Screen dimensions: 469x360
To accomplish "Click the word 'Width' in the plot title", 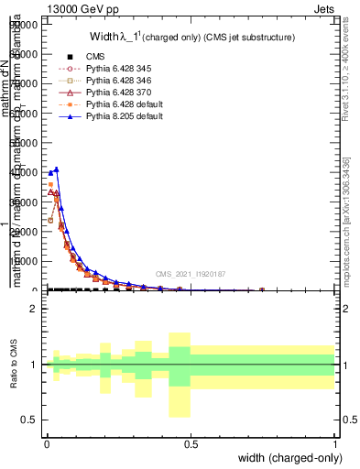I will pyautogui.click(x=104, y=37).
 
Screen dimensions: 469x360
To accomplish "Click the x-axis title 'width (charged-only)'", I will pyautogui.click(x=289, y=459).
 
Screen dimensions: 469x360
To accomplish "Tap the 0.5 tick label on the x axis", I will pyautogui.click(x=191, y=444).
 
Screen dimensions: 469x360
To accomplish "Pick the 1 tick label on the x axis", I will pyautogui.click(x=335, y=444).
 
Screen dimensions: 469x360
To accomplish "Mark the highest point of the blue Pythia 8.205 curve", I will pyautogui.click(x=57, y=169).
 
